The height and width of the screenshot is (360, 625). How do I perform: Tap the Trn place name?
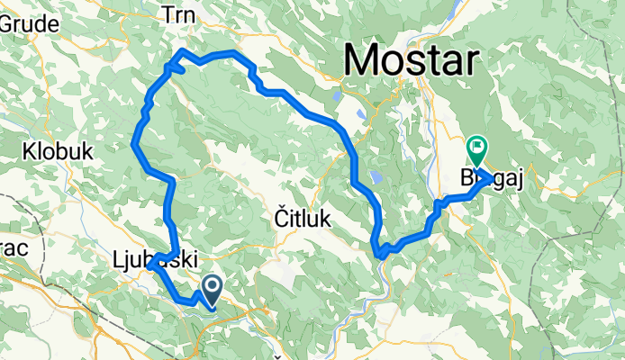[178, 13]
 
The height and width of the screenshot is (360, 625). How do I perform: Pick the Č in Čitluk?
[280, 219]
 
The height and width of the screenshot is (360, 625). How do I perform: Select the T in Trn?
[166, 13]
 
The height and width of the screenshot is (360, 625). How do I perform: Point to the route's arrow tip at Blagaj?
[492, 177]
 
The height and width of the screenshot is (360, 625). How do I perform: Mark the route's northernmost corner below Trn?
[184, 49]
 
